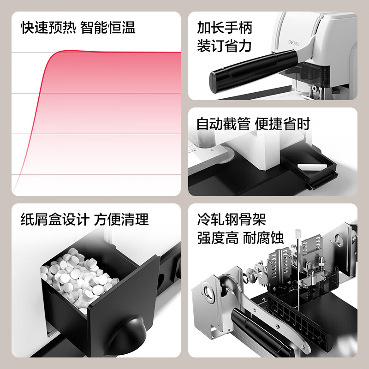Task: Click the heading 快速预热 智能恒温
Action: (x=78, y=28)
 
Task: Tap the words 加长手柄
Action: (x=224, y=28)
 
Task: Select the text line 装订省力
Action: (x=224, y=47)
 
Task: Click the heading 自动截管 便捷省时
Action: (x=253, y=124)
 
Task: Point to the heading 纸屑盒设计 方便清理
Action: (x=85, y=219)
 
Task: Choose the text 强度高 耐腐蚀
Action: (x=240, y=238)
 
